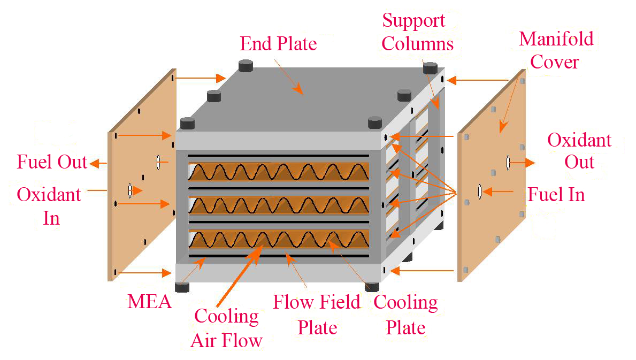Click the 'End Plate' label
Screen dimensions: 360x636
pyautogui.click(x=278, y=43)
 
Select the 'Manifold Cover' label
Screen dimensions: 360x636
pyautogui.click(x=556, y=50)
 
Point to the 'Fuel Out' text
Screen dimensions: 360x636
pyautogui.click(x=52, y=162)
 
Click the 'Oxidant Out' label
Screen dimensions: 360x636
pyautogui.click(x=580, y=151)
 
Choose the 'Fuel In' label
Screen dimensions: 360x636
pyautogui.click(x=556, y=194)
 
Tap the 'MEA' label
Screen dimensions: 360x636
pyautogui.click(x=150, y=302)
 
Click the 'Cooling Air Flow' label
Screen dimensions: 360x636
pyautogui.click(x=227, y=328)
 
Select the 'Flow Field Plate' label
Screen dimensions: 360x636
pyautogui.click(x=317, y=315)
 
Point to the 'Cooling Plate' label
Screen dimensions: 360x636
pyautogui.click(x=405, y=315)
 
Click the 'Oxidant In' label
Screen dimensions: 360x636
pyautogui.click(x=49, y=206)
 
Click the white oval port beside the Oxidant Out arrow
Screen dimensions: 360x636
pyautogui.click(x=507, y=161)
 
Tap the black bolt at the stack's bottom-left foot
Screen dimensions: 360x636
pyautogui.click(x=182, y=286)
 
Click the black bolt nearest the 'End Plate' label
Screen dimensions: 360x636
pyautogui.click(x=245, y=66)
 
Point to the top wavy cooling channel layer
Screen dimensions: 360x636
pyautogui.click(x=278, y=172)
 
